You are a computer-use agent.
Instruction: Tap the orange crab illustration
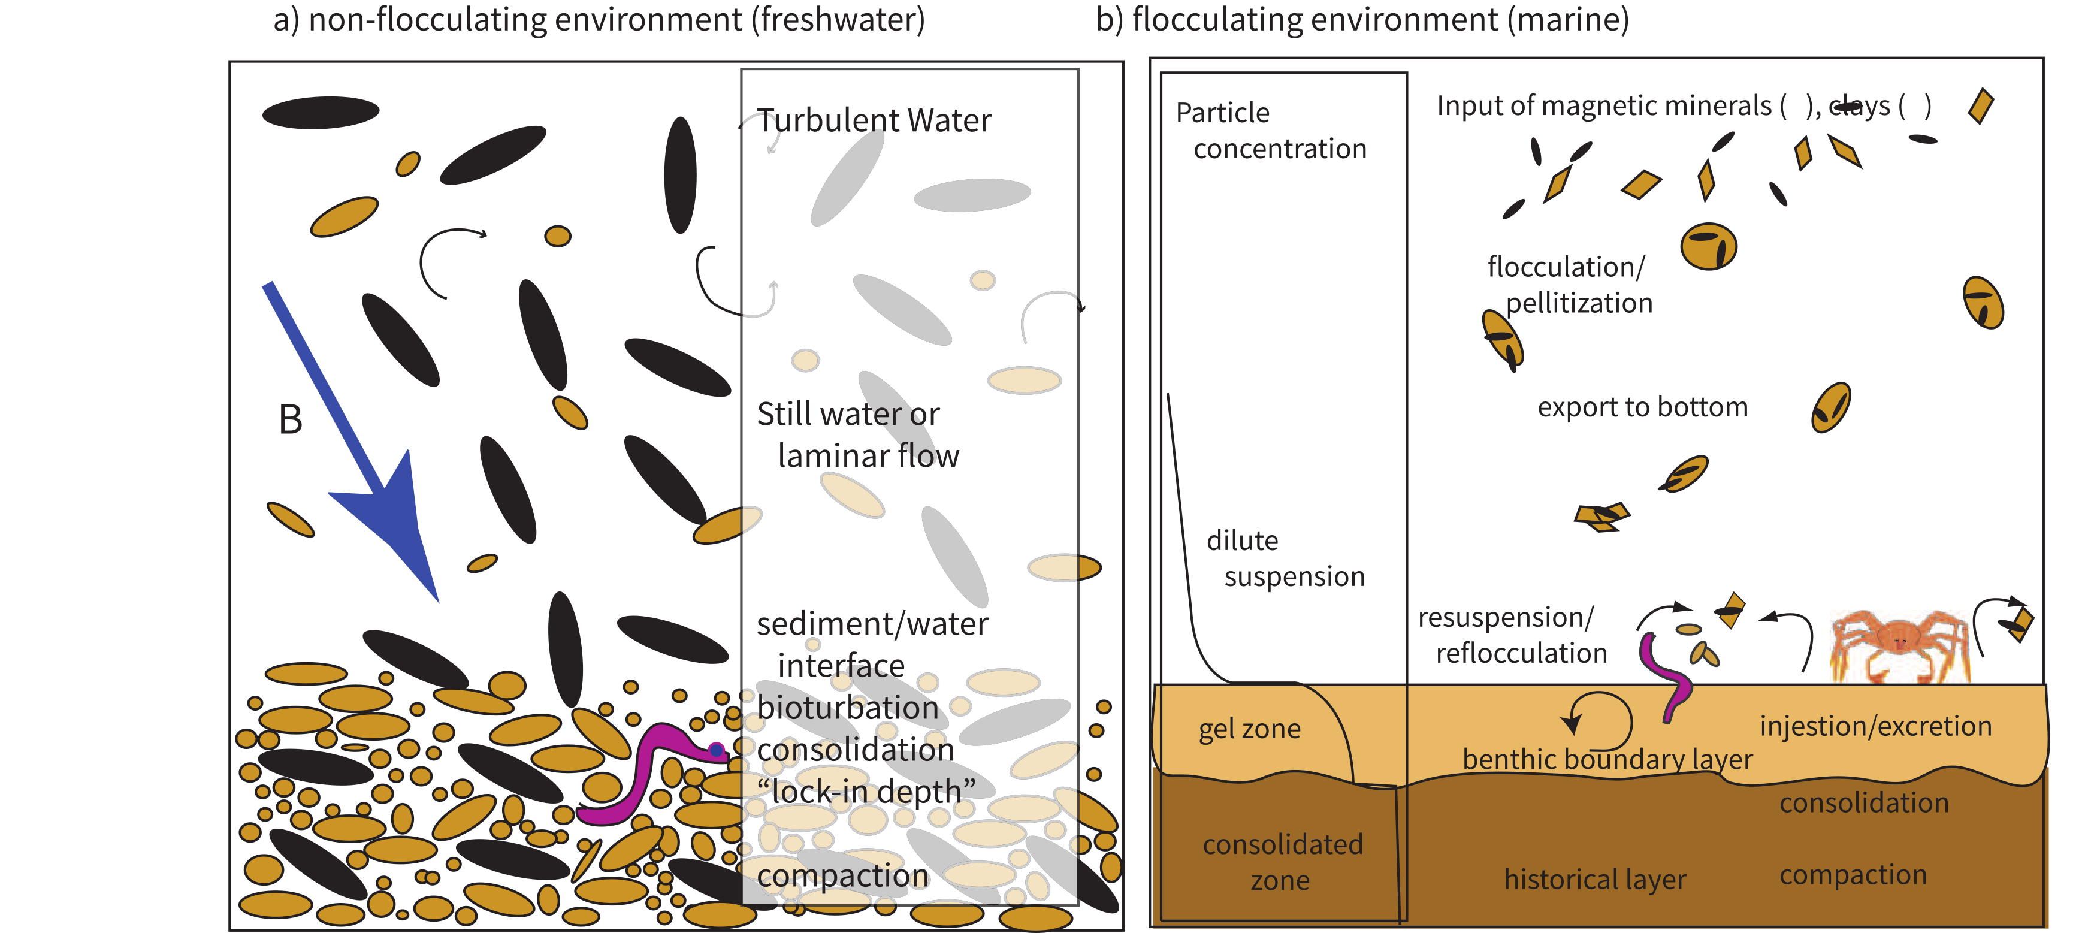1899,643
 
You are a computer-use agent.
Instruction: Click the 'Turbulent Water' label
873,121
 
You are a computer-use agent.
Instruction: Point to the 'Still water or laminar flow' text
857,435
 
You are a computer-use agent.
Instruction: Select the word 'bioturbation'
847,708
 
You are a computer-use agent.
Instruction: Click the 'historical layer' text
1595,879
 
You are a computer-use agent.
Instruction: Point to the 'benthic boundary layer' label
1607,760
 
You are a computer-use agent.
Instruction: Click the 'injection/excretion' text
1875,726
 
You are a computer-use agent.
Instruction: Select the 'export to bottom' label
1642,407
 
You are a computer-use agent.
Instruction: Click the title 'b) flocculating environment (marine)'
1362,19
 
